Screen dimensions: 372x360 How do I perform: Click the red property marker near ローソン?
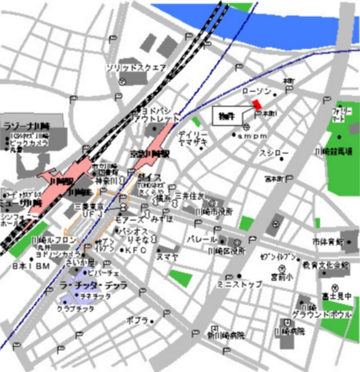[257, 105]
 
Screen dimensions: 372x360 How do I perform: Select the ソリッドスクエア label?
[136, 68]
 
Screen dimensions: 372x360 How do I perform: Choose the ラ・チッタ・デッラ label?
[100, 285]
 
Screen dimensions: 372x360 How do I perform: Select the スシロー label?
[273, 153]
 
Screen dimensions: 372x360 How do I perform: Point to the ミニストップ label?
[240, 284]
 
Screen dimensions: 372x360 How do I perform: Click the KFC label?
[135, 250]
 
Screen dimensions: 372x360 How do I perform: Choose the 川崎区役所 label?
[227, 250]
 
